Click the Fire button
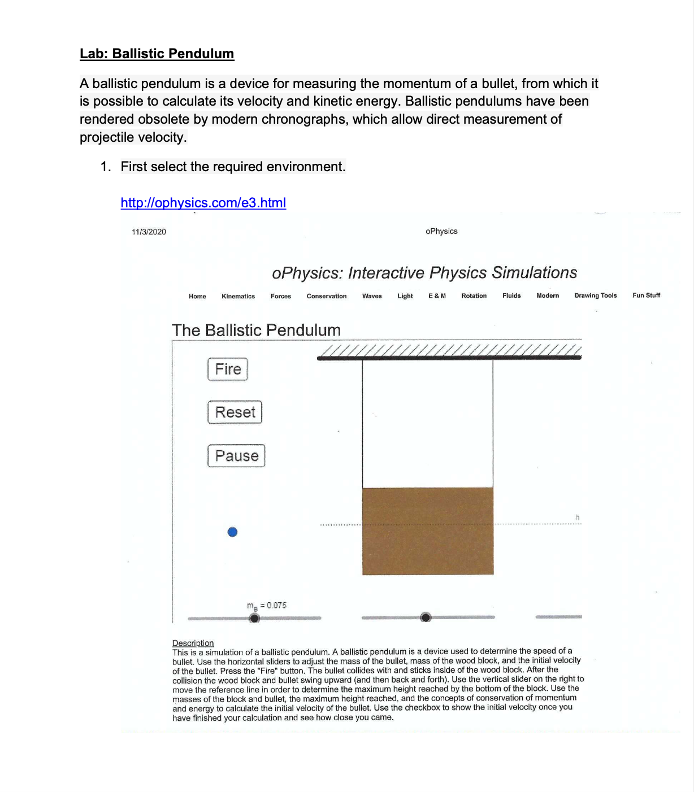228,369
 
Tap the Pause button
236,456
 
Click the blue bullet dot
232,532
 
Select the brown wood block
428,531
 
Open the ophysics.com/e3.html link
203,203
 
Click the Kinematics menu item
238,296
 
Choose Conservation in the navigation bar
326,296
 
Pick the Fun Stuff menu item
646,295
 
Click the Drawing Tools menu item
595,295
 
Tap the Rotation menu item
474,296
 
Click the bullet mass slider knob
255,618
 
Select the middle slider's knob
426,617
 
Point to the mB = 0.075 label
267,606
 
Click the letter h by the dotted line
577,517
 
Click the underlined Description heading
193,643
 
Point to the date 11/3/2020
149,232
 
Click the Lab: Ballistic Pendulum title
157,54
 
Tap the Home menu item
197,296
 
